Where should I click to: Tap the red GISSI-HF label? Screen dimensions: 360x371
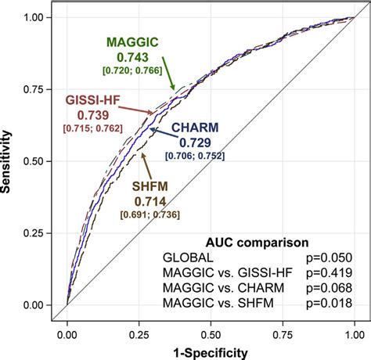(x=98, y=102)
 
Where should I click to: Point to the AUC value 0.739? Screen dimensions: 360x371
(x=98, y=115)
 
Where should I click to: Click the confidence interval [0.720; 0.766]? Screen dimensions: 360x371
(x=131, y=72)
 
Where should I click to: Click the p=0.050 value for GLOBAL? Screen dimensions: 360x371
(x=330, y=257)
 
